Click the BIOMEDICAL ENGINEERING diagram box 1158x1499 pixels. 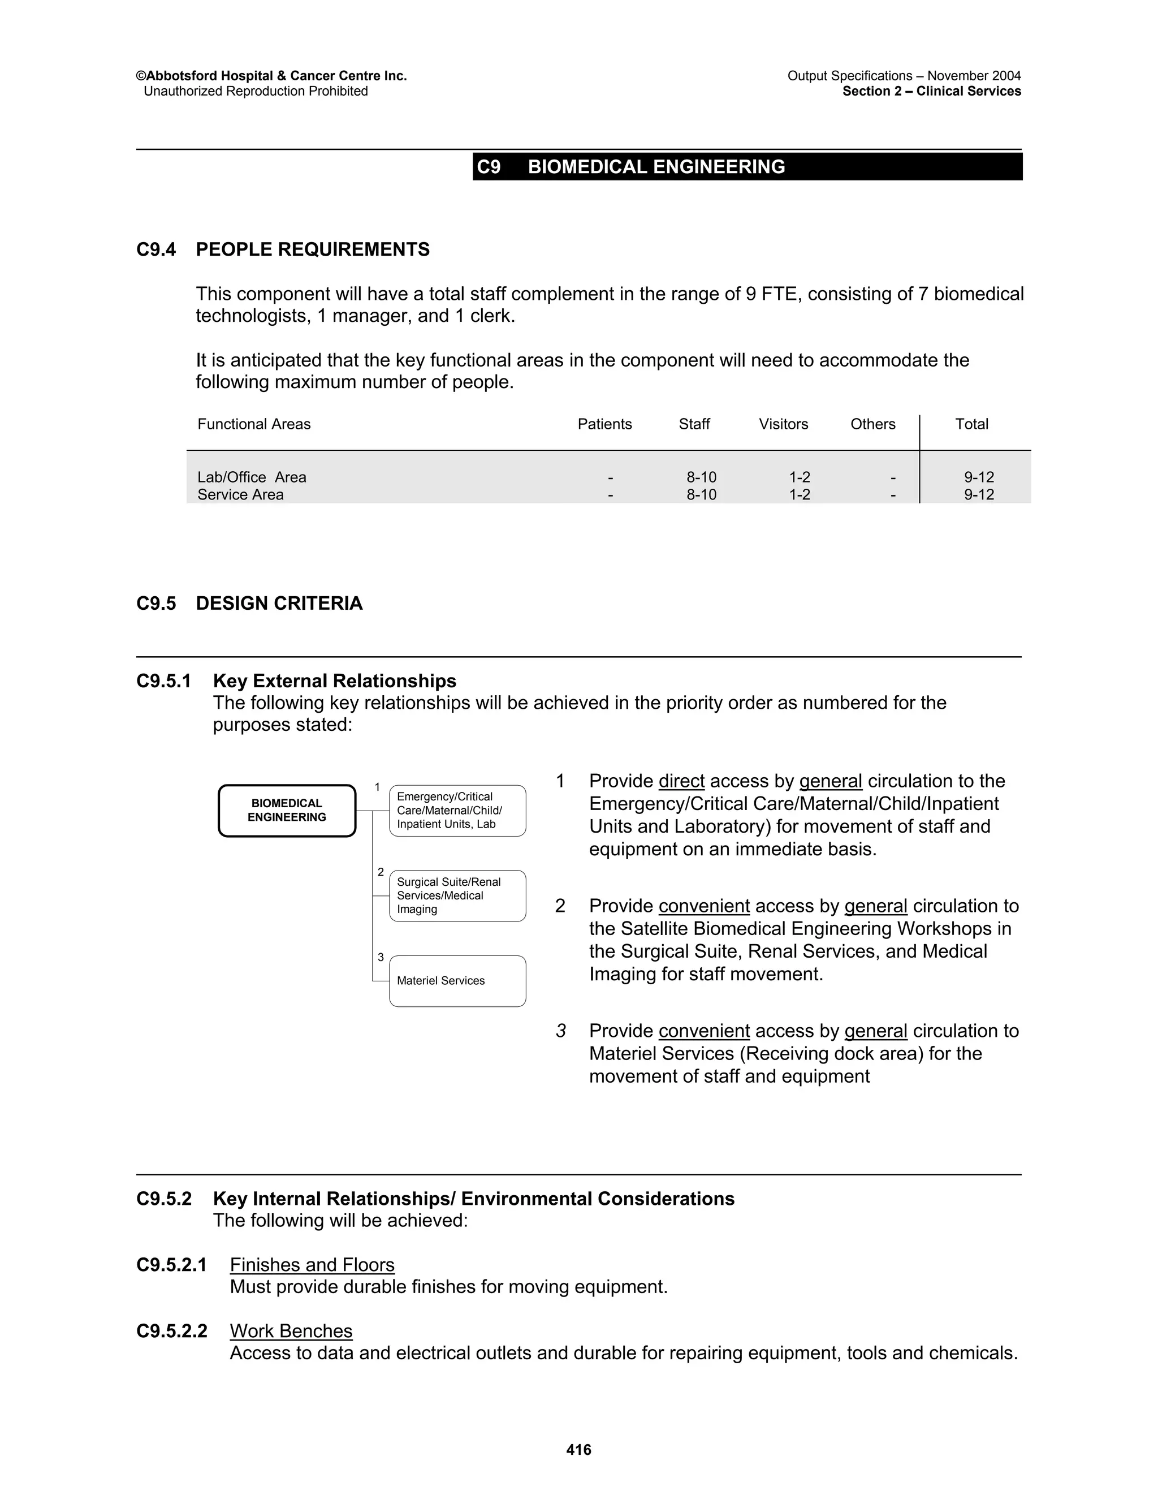click(287, 811)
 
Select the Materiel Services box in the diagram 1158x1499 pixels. click(457, 981)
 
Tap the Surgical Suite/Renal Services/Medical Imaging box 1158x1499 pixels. click(457, 895)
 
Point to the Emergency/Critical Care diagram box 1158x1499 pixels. click(457, 811)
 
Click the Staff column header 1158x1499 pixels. click(694, 424)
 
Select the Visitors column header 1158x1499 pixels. click(784, 424)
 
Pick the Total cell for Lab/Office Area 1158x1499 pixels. click(978, 477)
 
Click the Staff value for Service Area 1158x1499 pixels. click(701, 495)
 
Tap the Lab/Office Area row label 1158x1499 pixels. click(252, 477)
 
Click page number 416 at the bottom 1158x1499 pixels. click(579, 1450)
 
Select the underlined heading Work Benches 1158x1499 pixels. click(291, 1331)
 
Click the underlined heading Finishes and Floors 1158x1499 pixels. click(312, 1265)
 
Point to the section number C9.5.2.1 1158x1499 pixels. click(171, 1265)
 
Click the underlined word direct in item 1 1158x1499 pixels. click(681, 781)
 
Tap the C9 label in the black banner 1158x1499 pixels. click(489, 167)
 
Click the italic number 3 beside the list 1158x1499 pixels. click(561, 1031)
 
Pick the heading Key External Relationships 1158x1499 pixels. click(334, 681)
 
